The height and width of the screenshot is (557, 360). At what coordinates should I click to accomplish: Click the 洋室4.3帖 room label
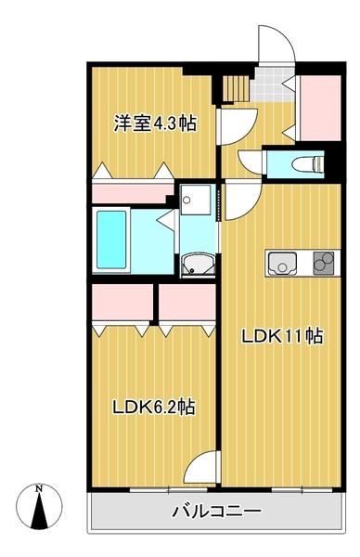[154, 123]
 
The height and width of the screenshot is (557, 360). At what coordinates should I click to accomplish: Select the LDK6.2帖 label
[153, 407]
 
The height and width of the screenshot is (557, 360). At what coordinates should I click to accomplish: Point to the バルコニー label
[216, 512]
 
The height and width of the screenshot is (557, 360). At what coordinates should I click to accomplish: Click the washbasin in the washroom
[196, 264]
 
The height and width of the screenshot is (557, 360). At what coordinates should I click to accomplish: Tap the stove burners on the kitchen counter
[324, 264]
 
